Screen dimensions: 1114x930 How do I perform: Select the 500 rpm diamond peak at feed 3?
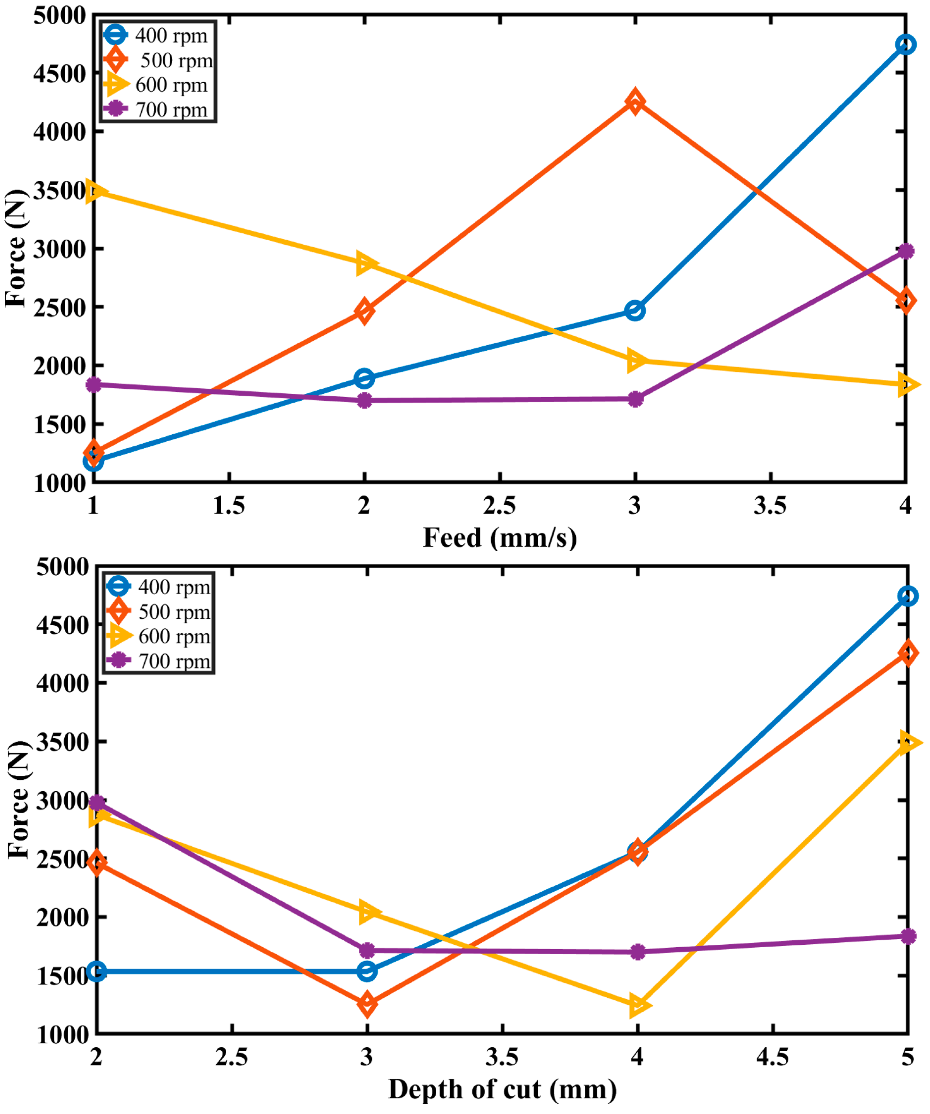coord(635,101)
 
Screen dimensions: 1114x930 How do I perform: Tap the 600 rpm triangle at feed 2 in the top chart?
coord(365,263)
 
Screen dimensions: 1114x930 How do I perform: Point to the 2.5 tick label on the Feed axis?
coord(500,506)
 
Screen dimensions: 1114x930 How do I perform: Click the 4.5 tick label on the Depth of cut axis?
coord(773,1057)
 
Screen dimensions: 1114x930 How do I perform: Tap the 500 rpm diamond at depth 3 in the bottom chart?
coord(367,1004)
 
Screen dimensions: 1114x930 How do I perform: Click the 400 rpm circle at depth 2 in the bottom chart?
coord(96,971)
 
